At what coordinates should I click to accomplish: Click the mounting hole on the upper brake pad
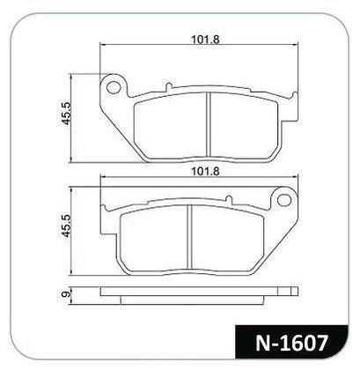[x=112, y=86]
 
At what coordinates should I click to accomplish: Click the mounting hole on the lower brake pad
[x=284, y=203]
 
